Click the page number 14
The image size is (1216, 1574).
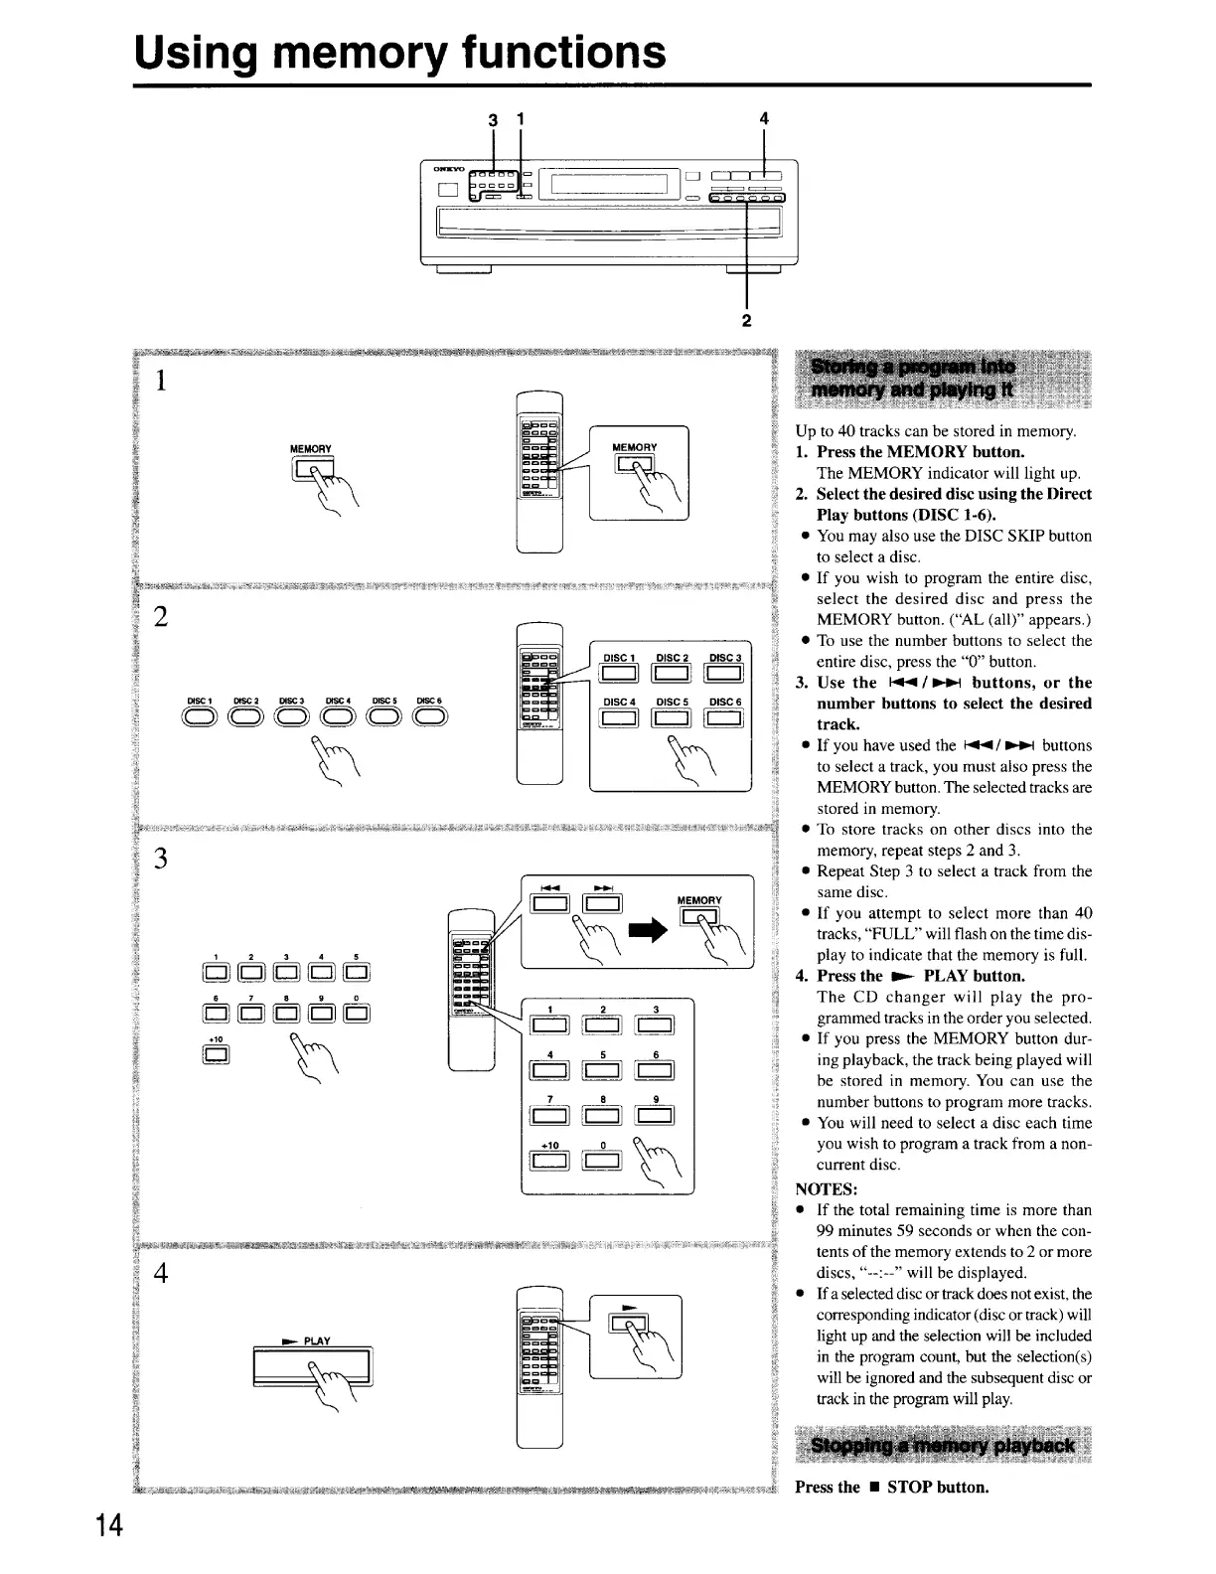(109, 1525)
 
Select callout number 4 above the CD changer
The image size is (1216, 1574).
(763, 118)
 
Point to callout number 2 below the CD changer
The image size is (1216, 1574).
(746, 320)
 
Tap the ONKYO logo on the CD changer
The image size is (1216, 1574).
(443, 170)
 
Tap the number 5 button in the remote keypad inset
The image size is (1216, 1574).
(602, 1070)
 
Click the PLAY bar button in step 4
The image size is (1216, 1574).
(312, 1368)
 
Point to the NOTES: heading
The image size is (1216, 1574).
(827, 1189)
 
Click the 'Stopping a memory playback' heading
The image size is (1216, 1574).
(942, 1445)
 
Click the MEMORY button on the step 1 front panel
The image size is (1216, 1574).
(310, 469)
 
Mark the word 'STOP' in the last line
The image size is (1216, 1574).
(907, 1488)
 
